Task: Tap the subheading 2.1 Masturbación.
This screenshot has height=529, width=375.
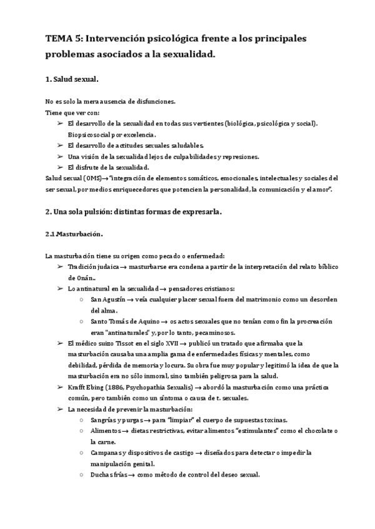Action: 74,234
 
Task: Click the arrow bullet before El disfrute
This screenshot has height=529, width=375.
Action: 61,167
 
